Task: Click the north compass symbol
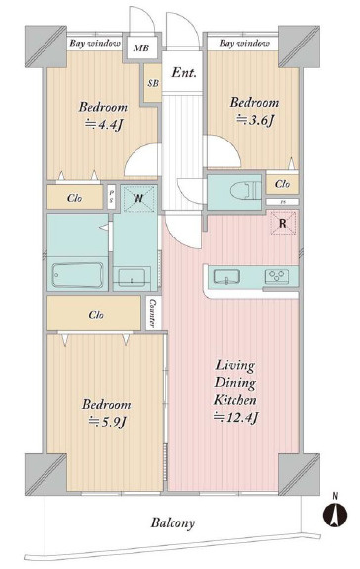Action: [x=335, y=514]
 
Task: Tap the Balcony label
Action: [x=172, y=522]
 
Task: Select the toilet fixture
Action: [x=245, y=191]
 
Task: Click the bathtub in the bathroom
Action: [x=77, y=275]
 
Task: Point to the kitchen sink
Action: [x=226, y=277]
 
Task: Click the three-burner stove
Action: [x=277, y=277]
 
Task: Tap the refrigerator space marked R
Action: [x=283, y=223]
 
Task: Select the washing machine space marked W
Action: [x=137, y=198]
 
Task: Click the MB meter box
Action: [x=141, y=47]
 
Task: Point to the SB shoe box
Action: [x=153, y=83]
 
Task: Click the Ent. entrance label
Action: [x=184, y=73]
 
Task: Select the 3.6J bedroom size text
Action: [x=255, y=120]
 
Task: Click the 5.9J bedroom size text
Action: [x=107, y=422]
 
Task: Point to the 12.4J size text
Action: [x=235, y=418]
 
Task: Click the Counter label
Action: [x=153, y=313]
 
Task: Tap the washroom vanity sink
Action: [x=132, y=277]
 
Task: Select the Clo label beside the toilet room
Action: [x=283, y=184]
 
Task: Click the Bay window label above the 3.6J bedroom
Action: [x=244, y=44]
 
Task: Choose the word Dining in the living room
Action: [x=235, y=383]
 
